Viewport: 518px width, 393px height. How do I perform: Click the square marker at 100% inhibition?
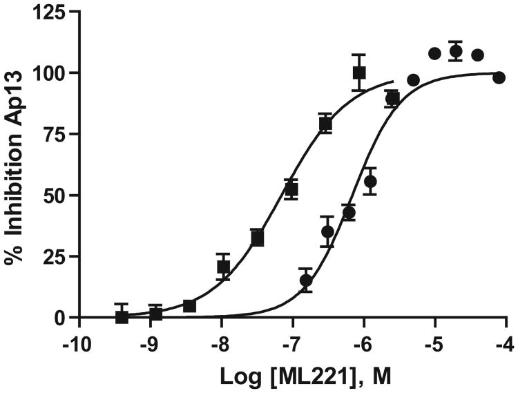[358, 72]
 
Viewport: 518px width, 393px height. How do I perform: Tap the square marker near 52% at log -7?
[291, 189]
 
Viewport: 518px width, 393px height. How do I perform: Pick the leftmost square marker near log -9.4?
[122, 317]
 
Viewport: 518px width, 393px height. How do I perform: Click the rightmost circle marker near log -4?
[499, 77]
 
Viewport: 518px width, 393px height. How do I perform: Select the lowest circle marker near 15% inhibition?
[306, 280]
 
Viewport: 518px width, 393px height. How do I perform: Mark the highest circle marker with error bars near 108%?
[456, 51]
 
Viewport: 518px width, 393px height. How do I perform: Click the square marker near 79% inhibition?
[325, 124]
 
